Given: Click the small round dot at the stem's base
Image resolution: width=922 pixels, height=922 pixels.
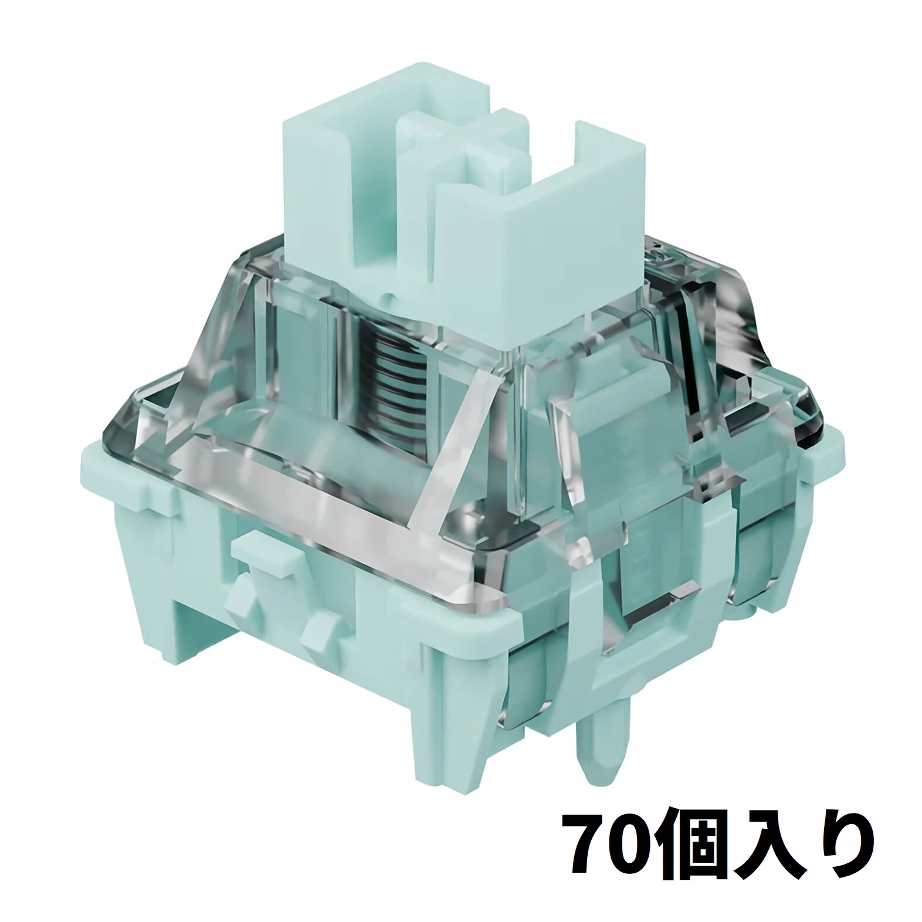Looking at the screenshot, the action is click(x=387, y=299).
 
